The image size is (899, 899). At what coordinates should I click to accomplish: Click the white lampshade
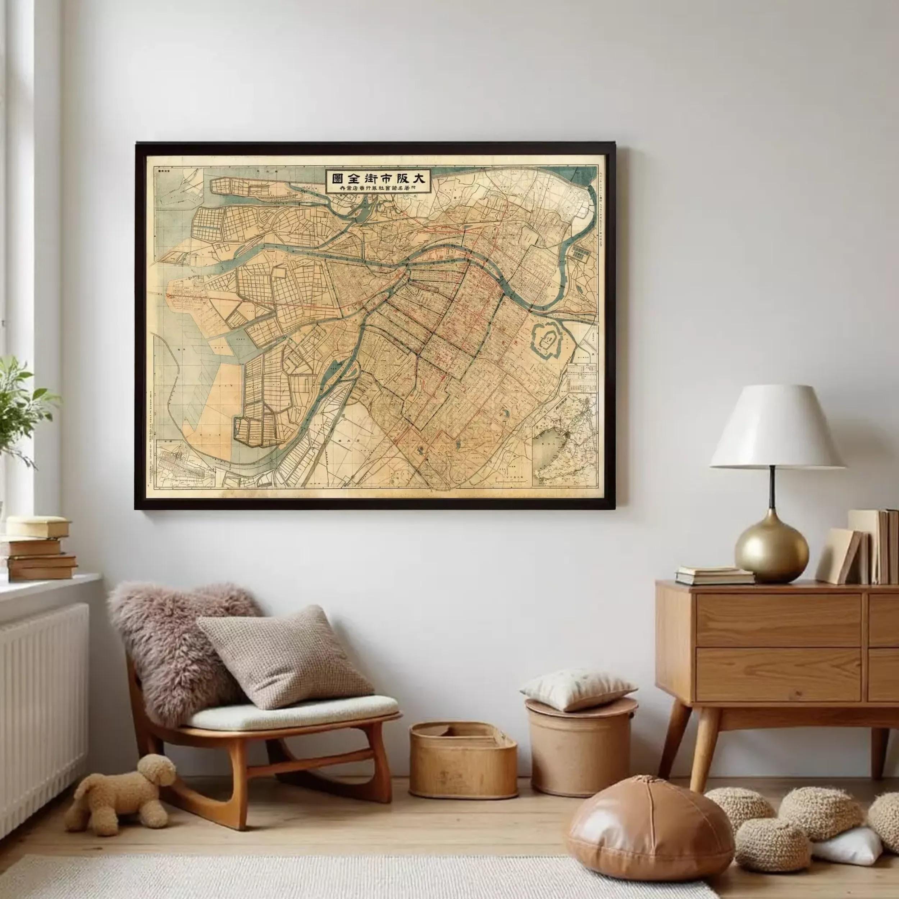[777, 428]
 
